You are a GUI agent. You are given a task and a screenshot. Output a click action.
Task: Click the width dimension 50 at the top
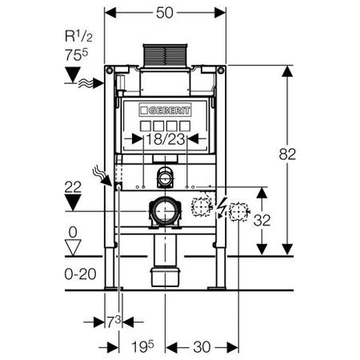(165, 13)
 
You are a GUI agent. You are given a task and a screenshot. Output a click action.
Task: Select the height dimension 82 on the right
(287, 154)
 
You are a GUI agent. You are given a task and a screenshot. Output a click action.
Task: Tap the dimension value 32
(262, 220)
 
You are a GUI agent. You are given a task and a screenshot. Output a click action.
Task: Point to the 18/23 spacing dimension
(166, 139)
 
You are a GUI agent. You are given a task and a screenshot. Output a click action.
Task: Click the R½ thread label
(78, 36)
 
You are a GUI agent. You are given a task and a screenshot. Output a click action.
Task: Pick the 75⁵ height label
(76, 55)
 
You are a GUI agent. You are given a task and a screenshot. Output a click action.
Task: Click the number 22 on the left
(73, 187)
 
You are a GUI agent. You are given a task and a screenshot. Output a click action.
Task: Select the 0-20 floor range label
(80, 274)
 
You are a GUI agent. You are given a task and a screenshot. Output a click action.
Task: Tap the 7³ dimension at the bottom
(114, 322)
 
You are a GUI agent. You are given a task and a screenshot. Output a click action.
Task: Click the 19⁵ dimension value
(142, 346)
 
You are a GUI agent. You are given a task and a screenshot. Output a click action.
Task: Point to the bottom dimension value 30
(202, 347)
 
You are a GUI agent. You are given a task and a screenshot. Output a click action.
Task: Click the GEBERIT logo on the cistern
(165, 110)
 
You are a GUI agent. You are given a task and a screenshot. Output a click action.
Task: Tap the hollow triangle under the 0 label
(73, 247)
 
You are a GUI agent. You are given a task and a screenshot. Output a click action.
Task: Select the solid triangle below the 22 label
(73, 202)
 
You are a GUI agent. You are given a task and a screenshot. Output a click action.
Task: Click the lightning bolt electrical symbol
(221, 208)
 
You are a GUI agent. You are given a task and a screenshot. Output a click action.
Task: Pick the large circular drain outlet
(166, 212)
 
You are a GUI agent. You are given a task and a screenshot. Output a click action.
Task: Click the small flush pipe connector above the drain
(166, 178)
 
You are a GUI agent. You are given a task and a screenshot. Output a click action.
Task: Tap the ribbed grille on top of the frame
(166, 55)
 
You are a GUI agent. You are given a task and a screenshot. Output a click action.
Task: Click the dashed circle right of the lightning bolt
(238, 212)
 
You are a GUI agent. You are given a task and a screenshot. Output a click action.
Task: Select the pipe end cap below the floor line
(166, 278)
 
